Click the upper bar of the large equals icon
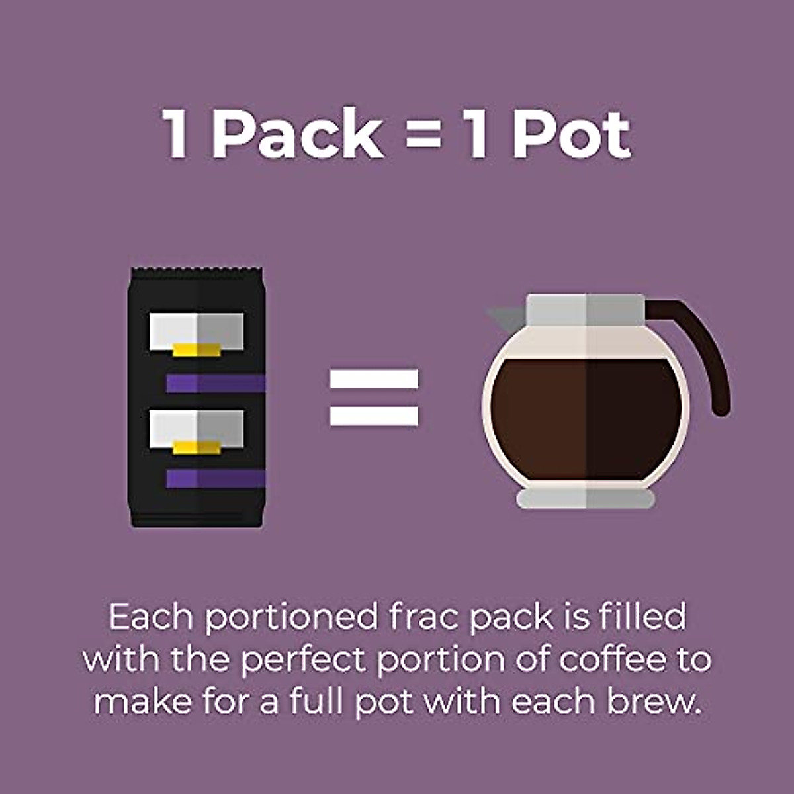[x=374, y=379]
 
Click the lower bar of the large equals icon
[x=374, y=416]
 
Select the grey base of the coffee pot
[x=586, y=498]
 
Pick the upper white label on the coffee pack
[x=197, y=328]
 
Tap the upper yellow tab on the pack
[x=197, y=349]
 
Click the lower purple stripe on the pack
[x=215, y=478]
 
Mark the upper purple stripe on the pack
[x=215, y=383]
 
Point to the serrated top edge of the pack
[x=197, y=271]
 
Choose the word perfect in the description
[x=302, y=659]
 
